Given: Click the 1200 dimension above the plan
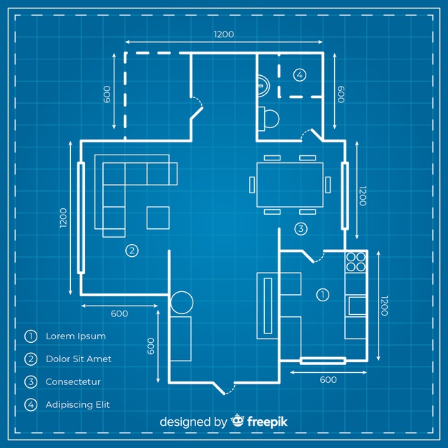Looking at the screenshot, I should point(223,34).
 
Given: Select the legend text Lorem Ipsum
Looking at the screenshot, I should point(76,336).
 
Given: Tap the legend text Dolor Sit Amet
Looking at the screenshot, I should point(79,359).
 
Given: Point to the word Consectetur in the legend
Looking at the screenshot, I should point(74,381).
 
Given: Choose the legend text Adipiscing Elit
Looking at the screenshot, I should point(78,404).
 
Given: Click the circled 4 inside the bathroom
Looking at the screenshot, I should point(299,74).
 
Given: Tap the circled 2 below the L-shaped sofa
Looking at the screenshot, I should point(131,250).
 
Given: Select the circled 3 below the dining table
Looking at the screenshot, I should point(301,229).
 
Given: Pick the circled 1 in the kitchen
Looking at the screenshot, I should point(322,293).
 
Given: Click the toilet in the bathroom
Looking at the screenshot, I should point(269,117).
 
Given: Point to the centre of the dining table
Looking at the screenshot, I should point(290,184).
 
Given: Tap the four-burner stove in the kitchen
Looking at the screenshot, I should point(356,263).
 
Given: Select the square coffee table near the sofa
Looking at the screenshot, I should point(158,217).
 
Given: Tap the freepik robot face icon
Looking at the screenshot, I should point(238,422).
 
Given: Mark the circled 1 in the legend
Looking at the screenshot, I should point(31,336).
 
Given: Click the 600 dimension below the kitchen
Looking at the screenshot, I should point(328,380).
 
